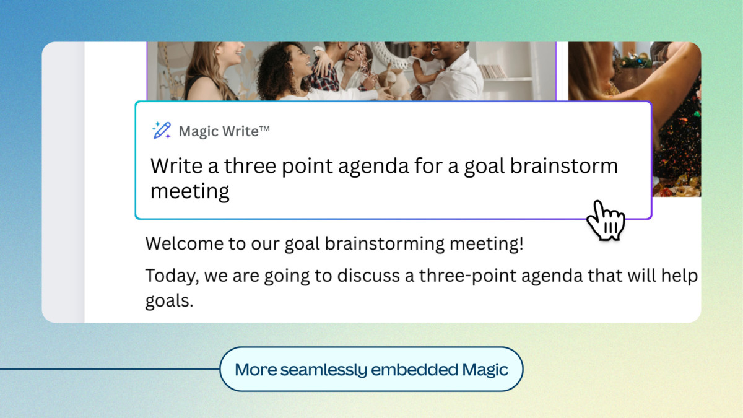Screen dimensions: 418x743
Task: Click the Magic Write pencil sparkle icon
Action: [162, 131]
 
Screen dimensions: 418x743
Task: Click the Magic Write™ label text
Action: [224, 131]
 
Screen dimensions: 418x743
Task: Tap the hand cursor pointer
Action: [604, 220]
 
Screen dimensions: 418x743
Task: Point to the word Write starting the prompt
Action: [178, 167]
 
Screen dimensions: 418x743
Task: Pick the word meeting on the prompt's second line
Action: [190, 191]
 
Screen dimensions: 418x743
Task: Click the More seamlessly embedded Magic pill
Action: [371, 370]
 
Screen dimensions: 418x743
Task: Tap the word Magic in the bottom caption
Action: [485, 370]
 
